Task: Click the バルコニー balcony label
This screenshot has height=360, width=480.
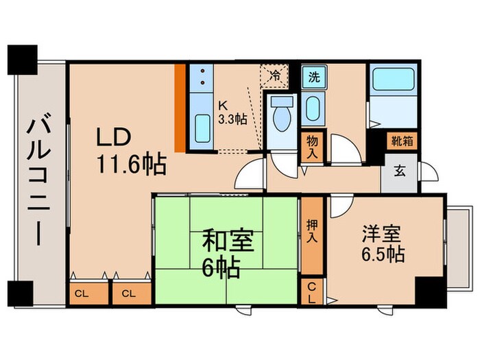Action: coord(38,182)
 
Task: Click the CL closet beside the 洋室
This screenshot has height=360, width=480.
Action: coord(312,292)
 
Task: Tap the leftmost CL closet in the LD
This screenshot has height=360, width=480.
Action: coord(82,293)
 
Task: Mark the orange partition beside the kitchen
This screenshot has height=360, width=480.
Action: coord(180,107)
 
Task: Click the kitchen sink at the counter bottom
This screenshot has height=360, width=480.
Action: coord(202,127)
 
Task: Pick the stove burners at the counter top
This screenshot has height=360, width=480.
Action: coord(202,77)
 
